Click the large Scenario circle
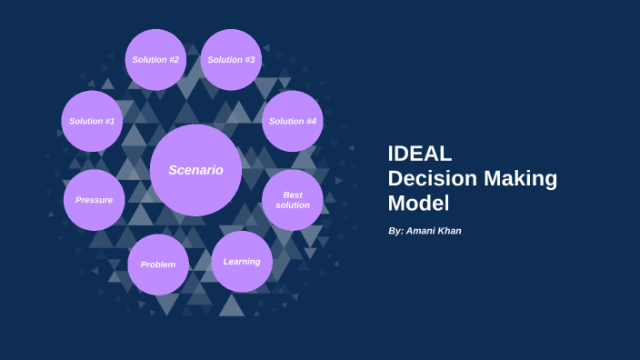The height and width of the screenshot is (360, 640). point(195,170)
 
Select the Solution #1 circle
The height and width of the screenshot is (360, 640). point(92,121)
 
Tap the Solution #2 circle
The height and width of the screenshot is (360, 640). point(155,60)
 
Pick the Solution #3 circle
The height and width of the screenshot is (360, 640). point(231,60)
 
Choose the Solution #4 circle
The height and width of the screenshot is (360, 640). point(293,121)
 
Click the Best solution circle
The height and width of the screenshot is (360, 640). point(293,200)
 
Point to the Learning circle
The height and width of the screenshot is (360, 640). point(242,262)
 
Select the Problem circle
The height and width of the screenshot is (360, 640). point(158,265)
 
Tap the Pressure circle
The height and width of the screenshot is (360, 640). point(94,200)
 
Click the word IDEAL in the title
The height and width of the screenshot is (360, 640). point(420,154)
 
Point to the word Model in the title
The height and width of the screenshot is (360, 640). point(418,203)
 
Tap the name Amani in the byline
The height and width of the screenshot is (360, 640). point(424,232)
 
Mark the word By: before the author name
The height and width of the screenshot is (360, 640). point(395,232)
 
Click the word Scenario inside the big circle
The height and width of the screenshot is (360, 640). point(195,170)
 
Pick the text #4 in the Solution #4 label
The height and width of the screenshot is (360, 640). point(311,121)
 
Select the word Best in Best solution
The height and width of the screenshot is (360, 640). point(293,195)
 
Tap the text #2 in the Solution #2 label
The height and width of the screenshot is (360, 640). point(173,60)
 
